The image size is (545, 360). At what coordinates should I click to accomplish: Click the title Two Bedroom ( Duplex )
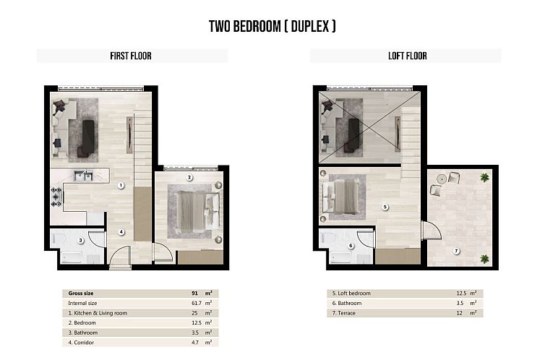click(x=272, y=27)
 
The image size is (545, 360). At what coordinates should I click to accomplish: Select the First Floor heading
click(x=131, y=56)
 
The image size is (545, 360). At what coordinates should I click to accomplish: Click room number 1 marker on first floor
click(x=121, y=185)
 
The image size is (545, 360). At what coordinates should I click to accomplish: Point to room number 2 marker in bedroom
click(x=189, y=177)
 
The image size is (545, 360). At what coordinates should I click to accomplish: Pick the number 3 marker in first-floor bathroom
click(x=81, y=241)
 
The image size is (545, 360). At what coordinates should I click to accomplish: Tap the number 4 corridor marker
click(x=121, y=232)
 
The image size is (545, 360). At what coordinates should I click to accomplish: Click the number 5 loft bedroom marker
click(x=385, y=207)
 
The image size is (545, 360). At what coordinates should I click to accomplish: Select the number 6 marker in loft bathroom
click(x=351, y=246)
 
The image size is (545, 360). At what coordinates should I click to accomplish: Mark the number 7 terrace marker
click(x=456, y=251)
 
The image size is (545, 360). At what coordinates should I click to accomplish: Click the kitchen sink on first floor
click(x=84, y=176)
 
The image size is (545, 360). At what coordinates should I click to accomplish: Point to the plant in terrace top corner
click(x=484, y=177)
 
